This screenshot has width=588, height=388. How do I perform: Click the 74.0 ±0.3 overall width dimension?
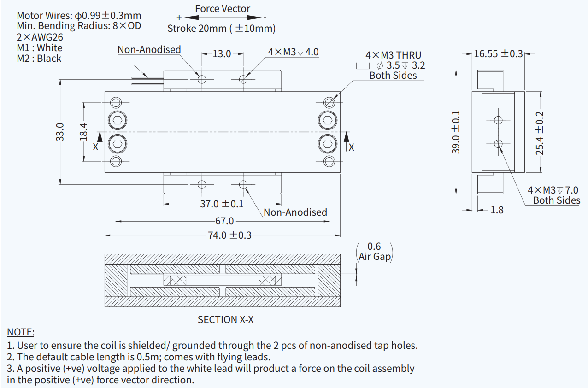pyautogui.click(x=229, y=235)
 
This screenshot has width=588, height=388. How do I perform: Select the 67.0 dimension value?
pyautogui.click(x=224, y=221)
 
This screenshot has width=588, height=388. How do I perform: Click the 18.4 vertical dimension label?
pyautogui.click(x=83, y=132)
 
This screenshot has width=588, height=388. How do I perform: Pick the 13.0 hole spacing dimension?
pyautogui.click(x=222, y=54)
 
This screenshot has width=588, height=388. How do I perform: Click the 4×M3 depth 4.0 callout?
pyautogui.click(x=293, y=52)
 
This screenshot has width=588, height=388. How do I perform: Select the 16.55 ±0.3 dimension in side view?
pyautogui.click(x=498, y=53)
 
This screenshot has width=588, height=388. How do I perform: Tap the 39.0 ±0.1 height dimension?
pyautogui.click(x=456, y=132)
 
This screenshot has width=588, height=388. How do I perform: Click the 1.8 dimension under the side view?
pyautogui.click(x=497, y=210)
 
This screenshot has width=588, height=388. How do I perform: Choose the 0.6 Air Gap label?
pyautogui.click(x=374, y=252)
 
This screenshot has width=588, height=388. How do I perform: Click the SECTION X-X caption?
pyautogui.click(x=225, y=319)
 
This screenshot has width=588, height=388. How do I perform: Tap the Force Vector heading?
pyautogui.click(x=223, y=9)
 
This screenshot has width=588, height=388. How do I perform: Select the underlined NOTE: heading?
pyautogui.click(x=21, y=332)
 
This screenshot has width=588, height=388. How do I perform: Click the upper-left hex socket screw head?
pyautogui.click(x=117, y=121)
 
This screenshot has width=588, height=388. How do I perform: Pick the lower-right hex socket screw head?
pyautogui.click(x=328, y=144)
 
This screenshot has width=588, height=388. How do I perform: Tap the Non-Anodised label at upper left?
pyautogui.click(x=149, y=49)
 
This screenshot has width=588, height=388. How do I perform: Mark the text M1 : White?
pyautogui.click(x=39, y=47)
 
